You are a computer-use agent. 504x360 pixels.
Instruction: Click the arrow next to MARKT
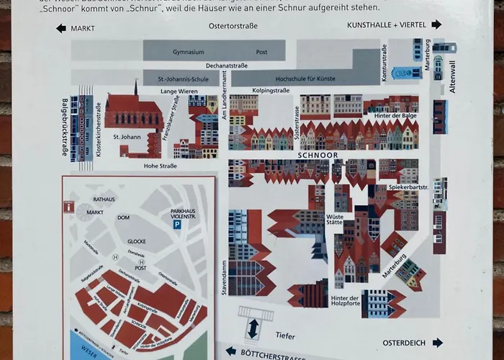[61, 28]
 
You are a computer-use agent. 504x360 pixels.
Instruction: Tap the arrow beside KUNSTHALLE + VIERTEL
[436, 24]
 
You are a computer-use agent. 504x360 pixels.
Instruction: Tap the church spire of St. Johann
[135, 87]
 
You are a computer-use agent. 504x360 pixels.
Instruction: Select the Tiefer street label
[285, 336]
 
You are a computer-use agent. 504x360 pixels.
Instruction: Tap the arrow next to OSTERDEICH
[436, 342]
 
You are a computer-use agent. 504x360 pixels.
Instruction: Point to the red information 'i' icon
[68, 207]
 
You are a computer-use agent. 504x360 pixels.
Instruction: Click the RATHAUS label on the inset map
[104, 199]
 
